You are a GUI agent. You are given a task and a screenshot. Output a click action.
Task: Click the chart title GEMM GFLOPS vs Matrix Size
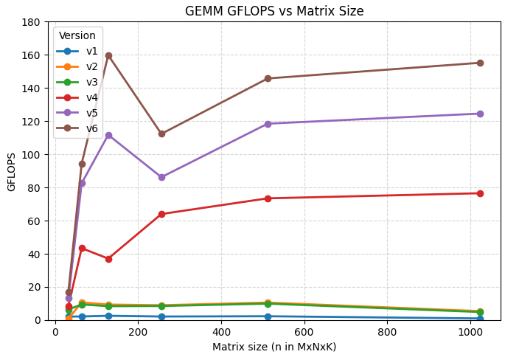click(x=274, y=11)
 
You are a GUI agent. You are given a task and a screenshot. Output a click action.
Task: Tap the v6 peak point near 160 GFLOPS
click(x=108, y=56)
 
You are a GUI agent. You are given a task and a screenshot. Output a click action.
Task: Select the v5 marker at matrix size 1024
click(x=480, y=114)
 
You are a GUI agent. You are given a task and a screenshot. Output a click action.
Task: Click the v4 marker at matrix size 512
click(x=268, y=198)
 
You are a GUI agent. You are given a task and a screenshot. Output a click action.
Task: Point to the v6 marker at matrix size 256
click(x=161, y=134)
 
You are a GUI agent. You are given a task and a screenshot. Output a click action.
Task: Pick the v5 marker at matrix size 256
click(x=161, y=177)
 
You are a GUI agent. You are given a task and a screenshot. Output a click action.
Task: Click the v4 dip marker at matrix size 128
click(x=108, y=259)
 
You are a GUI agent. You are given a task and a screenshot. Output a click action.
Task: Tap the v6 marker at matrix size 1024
click(x=480, y=63)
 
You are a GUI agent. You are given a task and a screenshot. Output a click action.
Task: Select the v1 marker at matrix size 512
click(x=268, y=316)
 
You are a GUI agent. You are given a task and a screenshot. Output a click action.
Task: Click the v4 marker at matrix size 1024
click(x=480, y=193)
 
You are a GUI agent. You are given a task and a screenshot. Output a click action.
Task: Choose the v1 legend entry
click(x=77, y=51)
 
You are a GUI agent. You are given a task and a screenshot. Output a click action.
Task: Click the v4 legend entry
click(x=77, y=97)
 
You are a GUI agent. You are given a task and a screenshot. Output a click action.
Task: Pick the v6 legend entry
click(x=77, y=128)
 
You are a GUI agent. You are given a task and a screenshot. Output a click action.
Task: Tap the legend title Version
click(x=77, y=35)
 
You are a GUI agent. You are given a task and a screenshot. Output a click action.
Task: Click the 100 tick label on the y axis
click(x=31, y=155)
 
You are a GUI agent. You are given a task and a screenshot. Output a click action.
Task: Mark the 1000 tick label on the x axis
click(x=470, y=332)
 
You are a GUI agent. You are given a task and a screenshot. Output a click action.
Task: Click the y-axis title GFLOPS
click(x=11, y=172)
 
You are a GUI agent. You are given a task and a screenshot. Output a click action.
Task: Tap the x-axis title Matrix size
click(x=240, y=347)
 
